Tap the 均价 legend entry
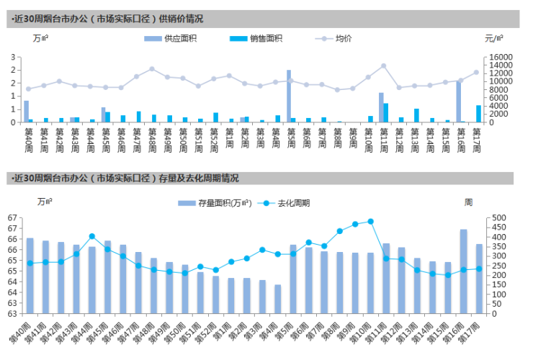(344, 38)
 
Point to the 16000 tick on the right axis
(500, 57)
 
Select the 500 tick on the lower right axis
(498, 217)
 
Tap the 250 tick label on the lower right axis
(498, 266)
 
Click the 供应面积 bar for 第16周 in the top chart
(458, 102)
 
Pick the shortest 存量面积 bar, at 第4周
(277, 299)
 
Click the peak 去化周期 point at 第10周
(371, 222)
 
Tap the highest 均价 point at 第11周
(383, 66)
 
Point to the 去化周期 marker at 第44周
(92, 236)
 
